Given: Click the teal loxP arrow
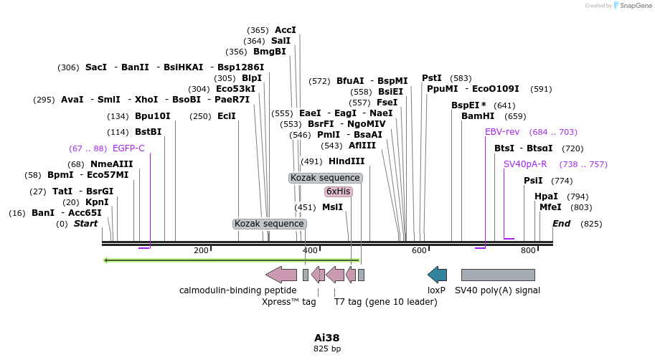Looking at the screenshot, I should tap(437, 275).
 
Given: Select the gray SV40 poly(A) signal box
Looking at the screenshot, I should tap(498, 275).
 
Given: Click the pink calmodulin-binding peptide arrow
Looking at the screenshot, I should tap(281, 275).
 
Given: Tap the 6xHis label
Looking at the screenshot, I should tap(338, 191).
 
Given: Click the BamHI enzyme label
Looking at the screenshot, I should tap(478, 116).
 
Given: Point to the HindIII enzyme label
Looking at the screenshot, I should tap(347, 161).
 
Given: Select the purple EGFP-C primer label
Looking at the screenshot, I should tap(128, 148).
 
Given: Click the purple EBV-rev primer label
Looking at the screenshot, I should tap(502, 132).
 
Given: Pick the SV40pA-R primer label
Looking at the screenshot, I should tap(525, 164).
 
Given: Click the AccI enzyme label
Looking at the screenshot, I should tap(286, 30).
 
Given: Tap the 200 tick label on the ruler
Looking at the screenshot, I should tap(201, 250).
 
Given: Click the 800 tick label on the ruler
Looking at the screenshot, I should tap(529, 250).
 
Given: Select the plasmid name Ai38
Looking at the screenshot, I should tap(327, 337).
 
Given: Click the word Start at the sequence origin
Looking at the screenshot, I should tap(85, 224).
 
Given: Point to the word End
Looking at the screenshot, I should tap(561, 224).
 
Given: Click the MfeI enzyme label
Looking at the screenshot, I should tap(550, 207).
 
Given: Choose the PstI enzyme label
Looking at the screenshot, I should tap(432, 78).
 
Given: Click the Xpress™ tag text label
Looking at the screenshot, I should tap(289, 302).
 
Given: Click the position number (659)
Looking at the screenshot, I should tap(515, 116).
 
